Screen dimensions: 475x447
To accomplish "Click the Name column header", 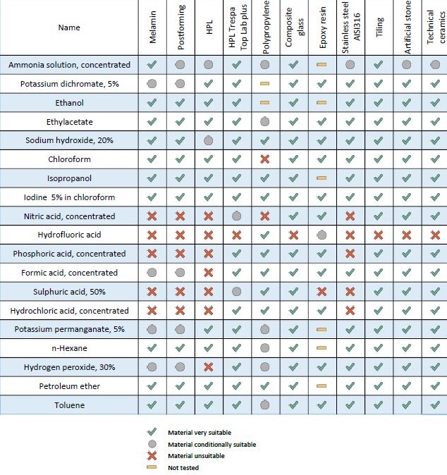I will (x=69, y=27).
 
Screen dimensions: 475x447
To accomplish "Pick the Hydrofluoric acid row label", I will (x=69, y=235).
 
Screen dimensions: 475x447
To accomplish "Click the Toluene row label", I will (x=69, y=405).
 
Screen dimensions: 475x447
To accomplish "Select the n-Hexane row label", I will (x=69, y=348).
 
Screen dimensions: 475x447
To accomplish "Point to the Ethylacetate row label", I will (x=69, y=121).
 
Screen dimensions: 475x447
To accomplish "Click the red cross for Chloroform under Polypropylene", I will (x=265, y=159).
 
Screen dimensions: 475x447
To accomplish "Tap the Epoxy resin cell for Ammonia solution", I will (x=322, y=65).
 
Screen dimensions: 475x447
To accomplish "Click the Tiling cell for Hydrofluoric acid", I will (x=379, y=235).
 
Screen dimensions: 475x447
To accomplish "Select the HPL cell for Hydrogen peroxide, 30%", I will (x=208, y=367).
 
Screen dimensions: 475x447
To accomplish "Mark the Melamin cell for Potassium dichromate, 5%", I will (x=152, y=83).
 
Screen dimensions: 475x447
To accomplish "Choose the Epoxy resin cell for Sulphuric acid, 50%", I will (x=322, y=292).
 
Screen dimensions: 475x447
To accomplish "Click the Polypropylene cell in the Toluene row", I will (x=265, y=405).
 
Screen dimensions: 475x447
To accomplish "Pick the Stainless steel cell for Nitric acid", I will (x=350, y=216).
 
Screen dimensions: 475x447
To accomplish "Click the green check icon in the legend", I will (x=151, y=432).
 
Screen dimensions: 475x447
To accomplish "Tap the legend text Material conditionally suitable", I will (x=212, y=445).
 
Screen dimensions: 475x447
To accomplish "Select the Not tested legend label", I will (x=183, y=467).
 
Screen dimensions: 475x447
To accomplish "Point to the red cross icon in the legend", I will (x=151, y=456).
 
